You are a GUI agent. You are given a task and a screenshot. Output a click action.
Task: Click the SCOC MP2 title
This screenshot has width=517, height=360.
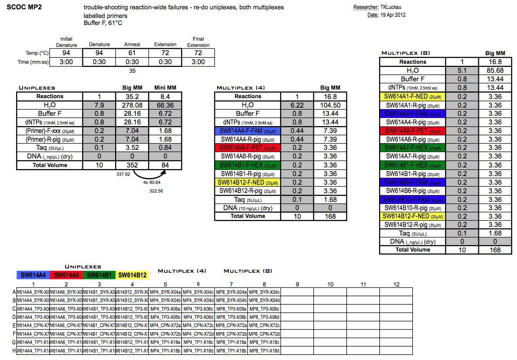tap(24, 7)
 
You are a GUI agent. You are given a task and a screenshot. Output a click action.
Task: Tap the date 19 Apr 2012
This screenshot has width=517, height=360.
tap(393, 15)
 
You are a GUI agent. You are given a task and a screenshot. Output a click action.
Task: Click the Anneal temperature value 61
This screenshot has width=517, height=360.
tap(132, 53)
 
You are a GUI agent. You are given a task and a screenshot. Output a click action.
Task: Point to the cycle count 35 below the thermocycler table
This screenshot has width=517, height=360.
tap(132, 71)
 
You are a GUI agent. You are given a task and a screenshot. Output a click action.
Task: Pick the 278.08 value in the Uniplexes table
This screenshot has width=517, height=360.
tap(132, 105)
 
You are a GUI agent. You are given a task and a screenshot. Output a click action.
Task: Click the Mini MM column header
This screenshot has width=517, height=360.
tap(165, 88)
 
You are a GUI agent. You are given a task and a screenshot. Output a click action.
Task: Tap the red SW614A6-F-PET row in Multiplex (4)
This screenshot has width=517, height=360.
tap(248, 148)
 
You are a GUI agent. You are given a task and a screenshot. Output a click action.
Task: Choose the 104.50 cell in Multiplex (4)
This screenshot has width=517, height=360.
tap(330, 105)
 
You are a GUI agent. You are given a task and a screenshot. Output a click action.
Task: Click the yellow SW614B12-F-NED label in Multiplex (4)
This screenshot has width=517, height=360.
tap(248, 182)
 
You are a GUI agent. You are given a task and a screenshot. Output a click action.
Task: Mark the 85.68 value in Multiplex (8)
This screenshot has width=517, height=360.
tap(495, 70)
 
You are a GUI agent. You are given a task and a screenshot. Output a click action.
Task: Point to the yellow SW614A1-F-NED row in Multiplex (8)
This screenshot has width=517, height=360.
tap(413, 96)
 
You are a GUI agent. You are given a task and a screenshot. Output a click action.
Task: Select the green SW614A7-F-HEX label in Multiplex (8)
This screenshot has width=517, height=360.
tap(413, 148)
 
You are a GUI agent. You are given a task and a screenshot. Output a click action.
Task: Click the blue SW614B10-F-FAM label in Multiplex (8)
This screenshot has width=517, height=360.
tap(413, 199)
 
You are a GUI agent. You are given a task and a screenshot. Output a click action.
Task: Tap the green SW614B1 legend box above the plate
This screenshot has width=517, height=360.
tap(99, 275)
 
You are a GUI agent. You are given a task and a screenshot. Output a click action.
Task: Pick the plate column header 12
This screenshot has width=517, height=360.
tap(396, 284)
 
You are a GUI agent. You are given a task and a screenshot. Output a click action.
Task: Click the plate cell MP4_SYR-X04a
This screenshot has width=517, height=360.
tap(165, 292)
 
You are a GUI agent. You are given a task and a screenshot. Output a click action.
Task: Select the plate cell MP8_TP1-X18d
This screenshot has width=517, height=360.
tap(264, 351)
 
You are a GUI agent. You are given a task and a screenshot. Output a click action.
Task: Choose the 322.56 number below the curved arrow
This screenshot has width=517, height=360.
tap(156, 191)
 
